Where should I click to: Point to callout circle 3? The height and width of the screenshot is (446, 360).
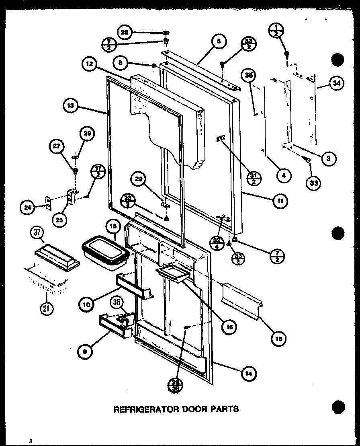329,158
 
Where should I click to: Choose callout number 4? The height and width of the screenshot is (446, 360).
284,175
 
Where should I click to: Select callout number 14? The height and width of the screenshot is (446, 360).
249,373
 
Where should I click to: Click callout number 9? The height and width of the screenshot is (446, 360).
86,351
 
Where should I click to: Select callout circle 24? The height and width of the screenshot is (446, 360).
27,208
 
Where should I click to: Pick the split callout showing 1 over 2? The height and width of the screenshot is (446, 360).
277,31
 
